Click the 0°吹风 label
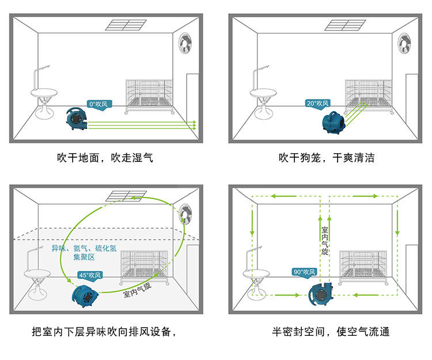tap(98, 104)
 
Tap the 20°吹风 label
tap(317, 104)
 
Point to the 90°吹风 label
tap(305, 272)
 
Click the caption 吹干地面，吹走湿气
tap(105, 157)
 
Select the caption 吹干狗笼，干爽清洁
tap(327, 157)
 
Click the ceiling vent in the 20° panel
tap(345, 25)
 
